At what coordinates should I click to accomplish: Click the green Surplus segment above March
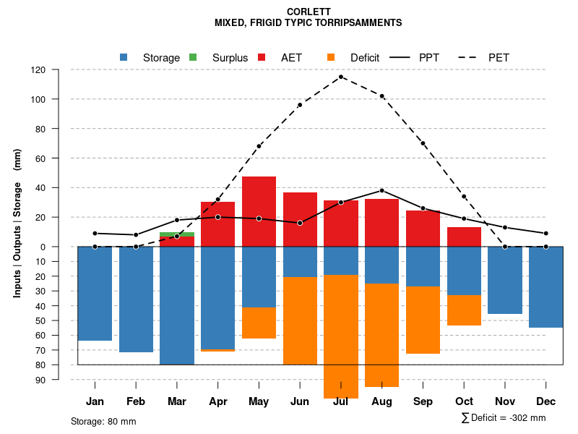(x=177, y=234)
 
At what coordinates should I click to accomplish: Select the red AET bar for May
(x=259, y=211)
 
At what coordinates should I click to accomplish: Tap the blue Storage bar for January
(x=95, y=293)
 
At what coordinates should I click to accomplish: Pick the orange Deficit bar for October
(x=464, y=310)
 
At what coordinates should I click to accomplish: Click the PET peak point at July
(x=341, y=77)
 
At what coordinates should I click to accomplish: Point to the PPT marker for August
(x=382, y=190)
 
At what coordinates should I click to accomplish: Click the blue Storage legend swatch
(x=124, y=58)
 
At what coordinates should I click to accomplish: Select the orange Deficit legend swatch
(x=332, y=58)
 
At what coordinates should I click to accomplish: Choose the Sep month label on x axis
(x=423, y=401)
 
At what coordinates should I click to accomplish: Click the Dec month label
(x=545, y=401)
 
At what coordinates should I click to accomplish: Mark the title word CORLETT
(x=308, y=12)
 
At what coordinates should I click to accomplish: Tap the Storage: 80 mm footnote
(x=103, y=421)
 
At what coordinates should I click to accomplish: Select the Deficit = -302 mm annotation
(x=504, y=418)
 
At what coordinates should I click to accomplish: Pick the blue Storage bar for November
(x=505, y=280)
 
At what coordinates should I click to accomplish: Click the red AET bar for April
(x=217, y=224)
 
